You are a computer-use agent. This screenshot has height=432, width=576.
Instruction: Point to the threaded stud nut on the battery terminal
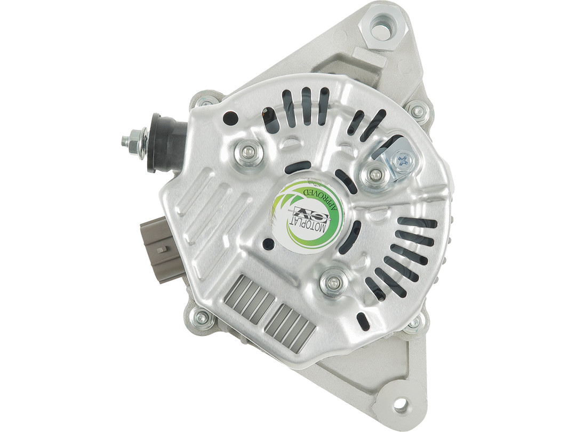tap(134, 142)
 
